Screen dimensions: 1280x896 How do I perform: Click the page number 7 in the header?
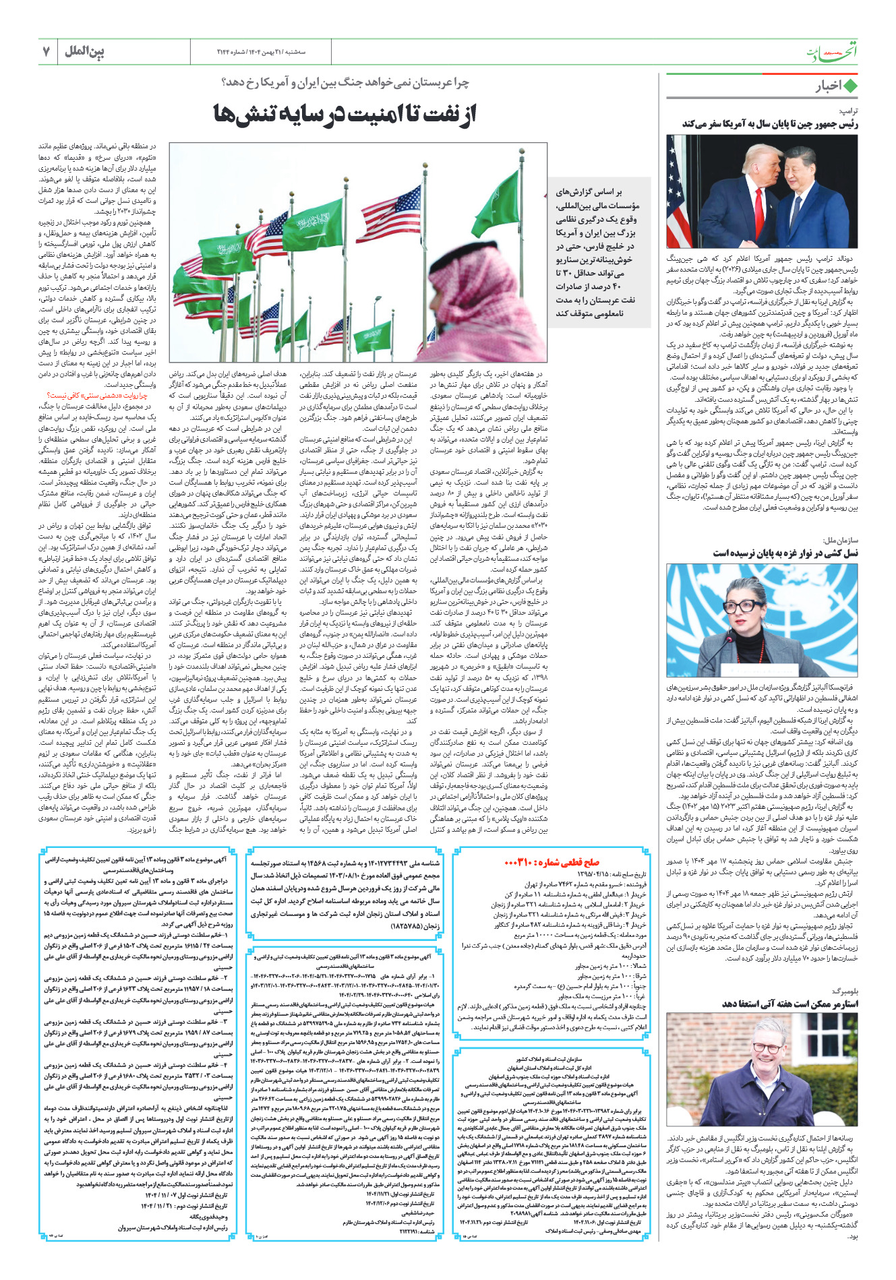click(x=47, y=52)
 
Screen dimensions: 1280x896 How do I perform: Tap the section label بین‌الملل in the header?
click(x=85, y=52)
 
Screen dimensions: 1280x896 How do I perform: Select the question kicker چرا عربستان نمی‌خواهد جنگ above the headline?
click(x=345, y=82)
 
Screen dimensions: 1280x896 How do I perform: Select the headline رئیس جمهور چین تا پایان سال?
click(x=770, y=123)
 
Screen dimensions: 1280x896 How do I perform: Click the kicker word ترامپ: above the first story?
click(x=847, y=110)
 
